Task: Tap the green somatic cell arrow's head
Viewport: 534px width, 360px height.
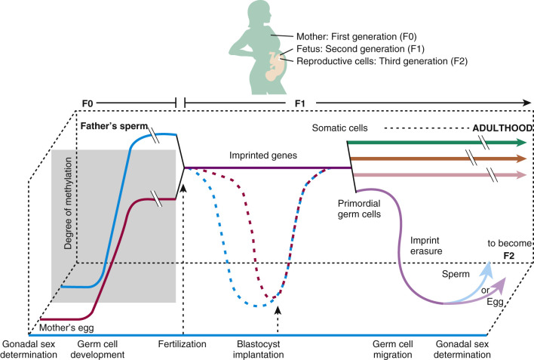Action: (521, 142)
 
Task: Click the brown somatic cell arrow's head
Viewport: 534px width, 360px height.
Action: (521, 158)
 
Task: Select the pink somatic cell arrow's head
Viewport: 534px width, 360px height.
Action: (521, 174)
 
